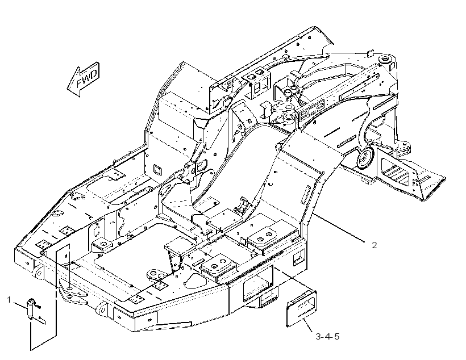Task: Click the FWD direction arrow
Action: pos(83,79)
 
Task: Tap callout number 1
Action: pos(9,300)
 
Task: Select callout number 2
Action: pos(374,245)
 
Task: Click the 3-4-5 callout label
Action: pos(327,337)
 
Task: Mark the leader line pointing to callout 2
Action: pos(339,227)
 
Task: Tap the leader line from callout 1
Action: pos(20,305)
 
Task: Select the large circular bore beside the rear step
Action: pos(365,157)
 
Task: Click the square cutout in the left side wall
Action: pos(157,170)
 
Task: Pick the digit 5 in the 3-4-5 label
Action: pos(336,337)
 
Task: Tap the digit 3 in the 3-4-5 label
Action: pos(318,337)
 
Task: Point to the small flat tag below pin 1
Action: pos(42,320)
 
